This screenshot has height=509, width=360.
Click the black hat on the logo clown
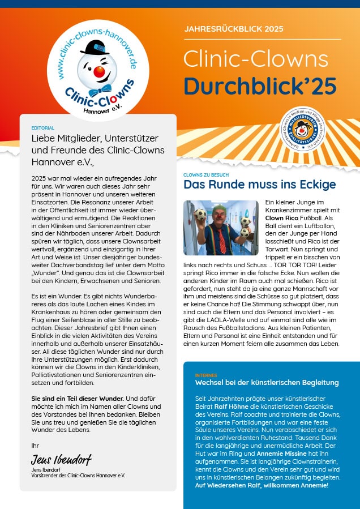click(x=94, y=47)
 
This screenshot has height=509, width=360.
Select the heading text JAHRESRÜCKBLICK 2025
click(x=234, y=29)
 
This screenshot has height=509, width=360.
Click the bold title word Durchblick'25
click(x=260, y=85)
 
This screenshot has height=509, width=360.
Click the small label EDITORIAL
click(x=43, y=129)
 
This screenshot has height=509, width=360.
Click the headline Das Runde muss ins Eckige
click(x=260, y=185)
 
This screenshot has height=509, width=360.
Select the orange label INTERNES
click(x=205, y=375)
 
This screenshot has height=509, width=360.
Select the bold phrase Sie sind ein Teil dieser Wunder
click(x=76, y=399)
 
